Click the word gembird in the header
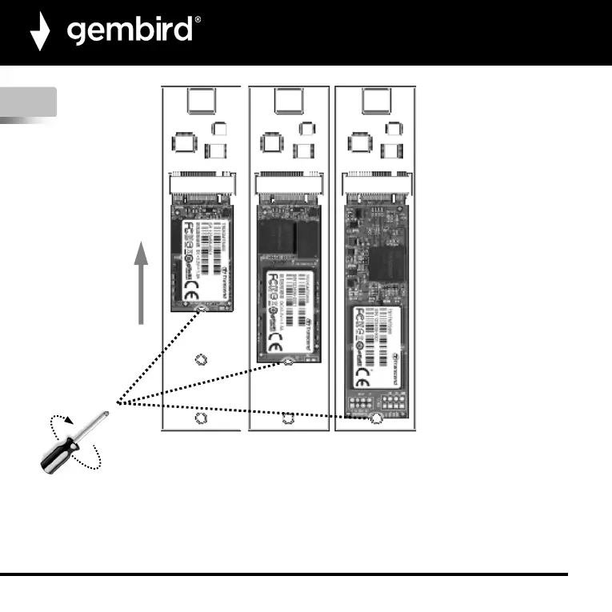(x=130, y=31)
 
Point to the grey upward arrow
(x=142, y=285)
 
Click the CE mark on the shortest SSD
(x=192, y=293)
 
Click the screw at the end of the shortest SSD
(x=201, y=308)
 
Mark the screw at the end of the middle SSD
(x=288, y=362)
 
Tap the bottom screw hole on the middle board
(x=288, y=418)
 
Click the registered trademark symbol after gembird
(x=198, y=22)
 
